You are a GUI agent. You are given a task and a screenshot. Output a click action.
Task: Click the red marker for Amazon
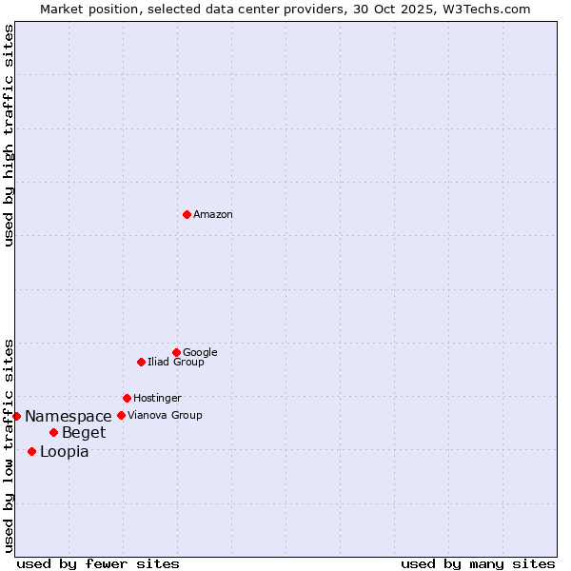point(187,214)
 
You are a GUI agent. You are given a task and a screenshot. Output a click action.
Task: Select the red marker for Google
point(176,352)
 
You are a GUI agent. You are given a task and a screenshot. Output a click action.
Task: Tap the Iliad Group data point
point(141,362)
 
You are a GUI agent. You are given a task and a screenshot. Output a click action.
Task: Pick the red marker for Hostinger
point(127,398)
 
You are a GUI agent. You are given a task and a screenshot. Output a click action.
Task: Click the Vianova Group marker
point(121,415)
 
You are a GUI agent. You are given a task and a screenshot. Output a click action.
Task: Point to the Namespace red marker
point(16,416)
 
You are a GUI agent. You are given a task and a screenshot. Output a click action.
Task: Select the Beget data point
point(53,433)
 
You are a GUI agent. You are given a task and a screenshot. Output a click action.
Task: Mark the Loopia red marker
point(31,451)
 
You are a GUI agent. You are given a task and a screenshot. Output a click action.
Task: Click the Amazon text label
point(213,215)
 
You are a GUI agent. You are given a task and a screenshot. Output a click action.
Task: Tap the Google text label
point(200,353)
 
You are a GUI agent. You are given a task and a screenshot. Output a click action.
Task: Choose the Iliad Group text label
point(176,363)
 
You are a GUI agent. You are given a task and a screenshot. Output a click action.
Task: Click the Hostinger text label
point(157,399)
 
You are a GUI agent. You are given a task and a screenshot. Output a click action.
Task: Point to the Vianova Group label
point(165,416)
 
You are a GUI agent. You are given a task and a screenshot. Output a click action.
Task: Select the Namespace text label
point(69,417)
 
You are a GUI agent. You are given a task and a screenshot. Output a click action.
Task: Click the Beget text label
point(84,434)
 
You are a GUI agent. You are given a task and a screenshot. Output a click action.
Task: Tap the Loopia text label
point(65,452)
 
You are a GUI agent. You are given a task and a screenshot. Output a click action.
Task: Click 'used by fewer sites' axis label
point(98,563)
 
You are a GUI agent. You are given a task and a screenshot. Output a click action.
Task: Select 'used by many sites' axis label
point(478,563)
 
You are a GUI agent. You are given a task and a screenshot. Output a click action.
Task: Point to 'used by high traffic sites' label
point(9,135)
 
